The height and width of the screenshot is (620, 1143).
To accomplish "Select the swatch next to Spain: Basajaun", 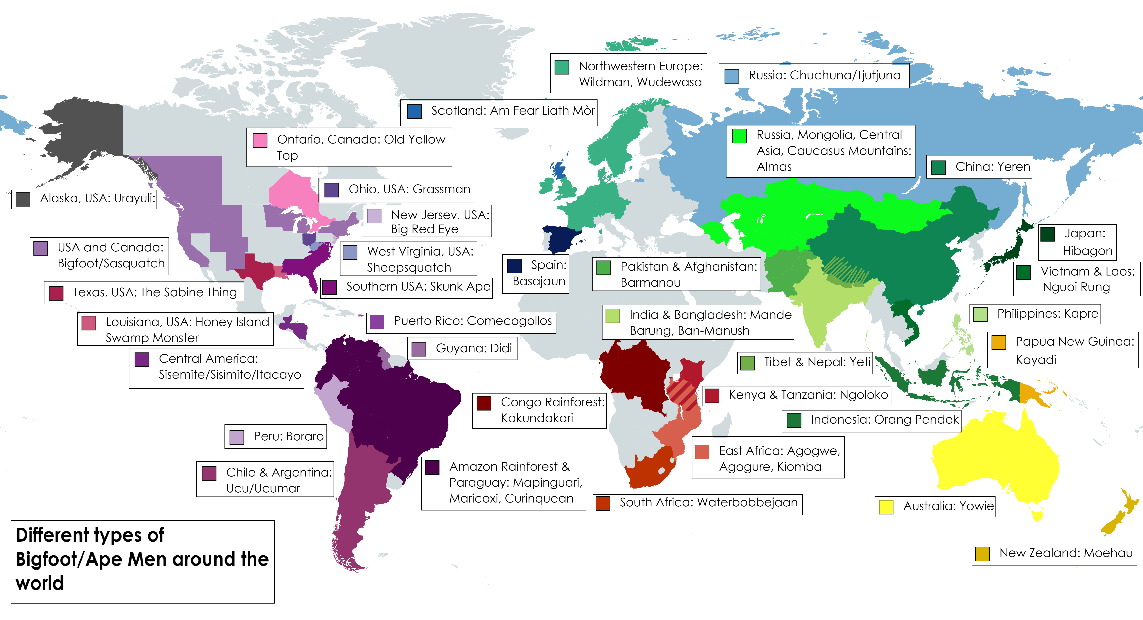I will (x=514, y=266).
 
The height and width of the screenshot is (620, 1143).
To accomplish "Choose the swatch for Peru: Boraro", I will (x=237, y=437).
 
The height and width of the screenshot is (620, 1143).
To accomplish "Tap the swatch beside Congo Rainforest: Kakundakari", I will (x=484, y=403).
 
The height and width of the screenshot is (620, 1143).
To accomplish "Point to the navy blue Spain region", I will (x=561, y=239).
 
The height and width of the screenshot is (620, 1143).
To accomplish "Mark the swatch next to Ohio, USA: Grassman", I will (x=331, y=190).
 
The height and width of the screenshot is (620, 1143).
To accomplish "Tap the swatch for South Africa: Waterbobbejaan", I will (x=602, y=503).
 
